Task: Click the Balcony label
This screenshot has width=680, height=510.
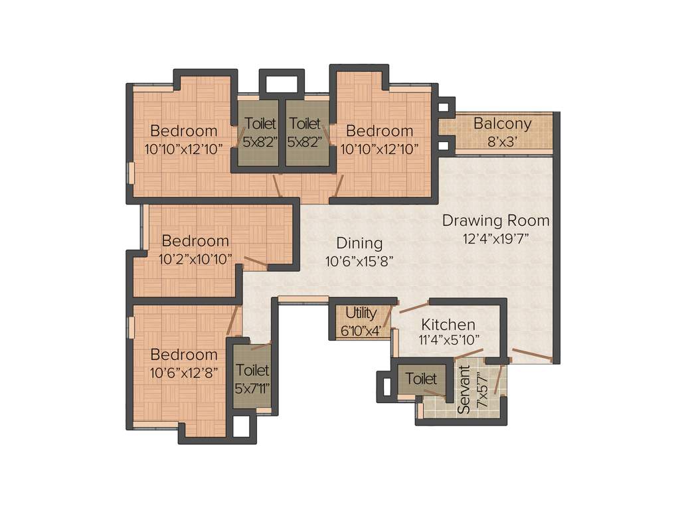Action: pyautogui.click(x=502, y=124)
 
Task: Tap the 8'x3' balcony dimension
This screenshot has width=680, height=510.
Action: pyautogui.click(x=502, y=141)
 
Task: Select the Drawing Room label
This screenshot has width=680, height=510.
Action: pyautogui.click(x=496, y=220)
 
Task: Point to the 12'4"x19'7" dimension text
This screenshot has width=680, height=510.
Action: pyautogui.click(x=496, y=238)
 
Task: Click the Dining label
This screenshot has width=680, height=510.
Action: pyautogui.click(x=359, y=243)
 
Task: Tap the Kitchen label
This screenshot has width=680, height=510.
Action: pyautogui.click(x=449, y=325)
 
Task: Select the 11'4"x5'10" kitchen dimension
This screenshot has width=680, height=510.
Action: pyautogui.click(x=450, y=341)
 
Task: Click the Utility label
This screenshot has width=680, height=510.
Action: pyautogui.click(x=361, y=313)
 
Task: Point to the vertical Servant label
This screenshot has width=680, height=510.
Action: pyautogui.click(x=465, y=390)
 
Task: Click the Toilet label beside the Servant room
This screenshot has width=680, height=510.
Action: pyautogui.click(x=421, y=379)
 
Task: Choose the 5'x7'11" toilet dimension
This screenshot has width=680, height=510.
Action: pyautogui.click(x=252, y=387)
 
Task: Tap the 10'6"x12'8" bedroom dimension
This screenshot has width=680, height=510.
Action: pyautogui.click(x=184, y=373)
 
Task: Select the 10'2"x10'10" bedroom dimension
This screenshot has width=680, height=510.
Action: pyautogui.click(x=195, y=259)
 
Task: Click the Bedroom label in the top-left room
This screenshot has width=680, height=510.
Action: pyautogui.click(x=184, y=131)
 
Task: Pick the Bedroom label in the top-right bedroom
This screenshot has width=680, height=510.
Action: pyautogui.click(x=379, y=131)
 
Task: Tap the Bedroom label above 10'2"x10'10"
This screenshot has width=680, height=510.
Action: pyautogui.click(x=195, y=241)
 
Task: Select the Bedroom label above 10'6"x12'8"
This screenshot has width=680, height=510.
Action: pyautogui.click(x=184, y=355)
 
